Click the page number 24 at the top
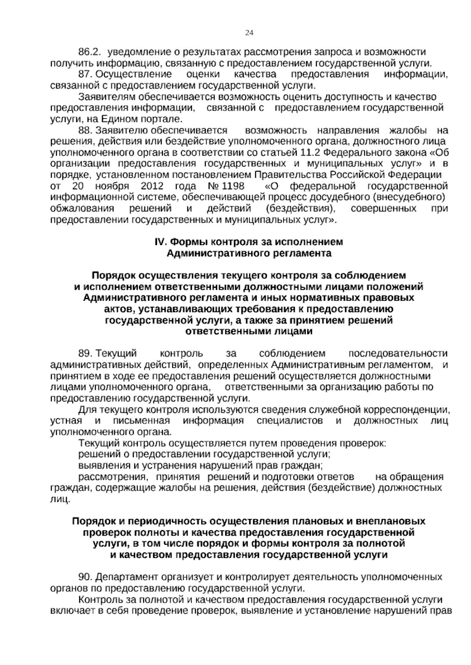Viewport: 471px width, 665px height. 249,33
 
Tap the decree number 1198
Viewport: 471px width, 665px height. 232,186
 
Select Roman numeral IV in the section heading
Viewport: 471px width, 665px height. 160,242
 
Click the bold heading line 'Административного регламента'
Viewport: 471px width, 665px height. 249,253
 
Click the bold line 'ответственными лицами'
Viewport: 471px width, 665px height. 249,331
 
